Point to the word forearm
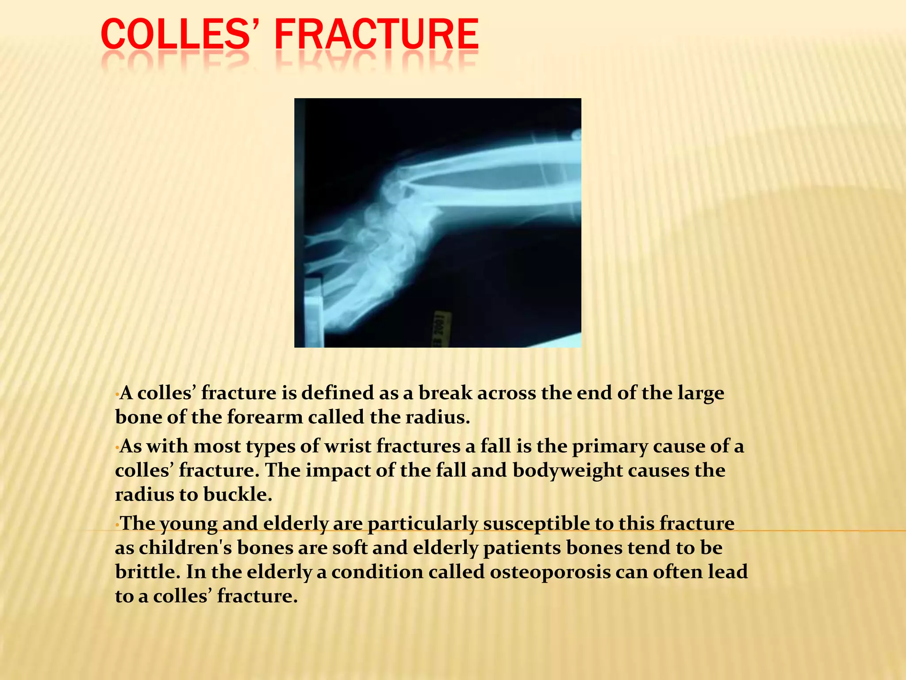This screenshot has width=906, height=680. click(x=265, y=417)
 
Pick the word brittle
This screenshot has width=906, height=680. click(x=147, y=572)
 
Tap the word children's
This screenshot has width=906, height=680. click(x=185, y=548)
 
